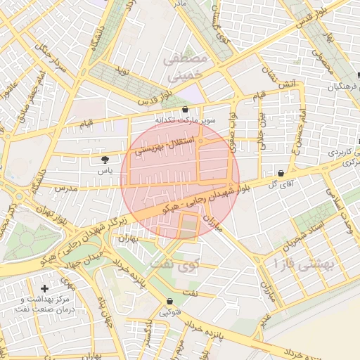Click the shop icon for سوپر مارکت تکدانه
point(185,110)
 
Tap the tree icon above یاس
point(105,160)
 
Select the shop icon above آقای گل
point(281,173)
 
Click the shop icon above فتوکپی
point(169,301)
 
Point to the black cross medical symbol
point(45,288)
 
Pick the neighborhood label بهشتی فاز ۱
point(290,264)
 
